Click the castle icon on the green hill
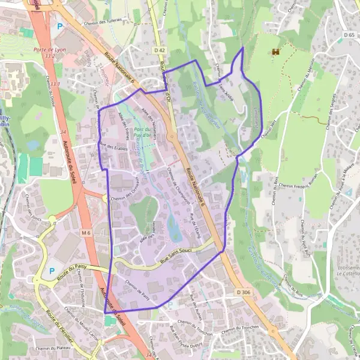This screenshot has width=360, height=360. coord(277,53)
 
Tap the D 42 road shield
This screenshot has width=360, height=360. coord(158,50)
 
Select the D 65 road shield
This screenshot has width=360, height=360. coord(350,35)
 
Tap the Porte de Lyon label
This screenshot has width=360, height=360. coord(49,50)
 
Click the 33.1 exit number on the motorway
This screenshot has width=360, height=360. coord(55,83)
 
